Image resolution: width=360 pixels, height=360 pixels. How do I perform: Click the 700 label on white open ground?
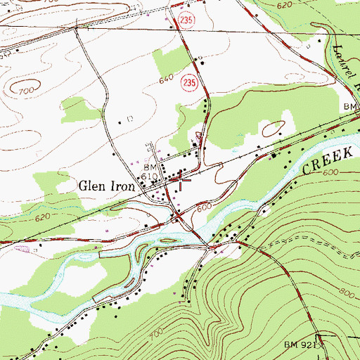pos(27,91)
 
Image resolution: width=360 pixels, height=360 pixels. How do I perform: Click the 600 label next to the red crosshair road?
pos(204,207)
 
